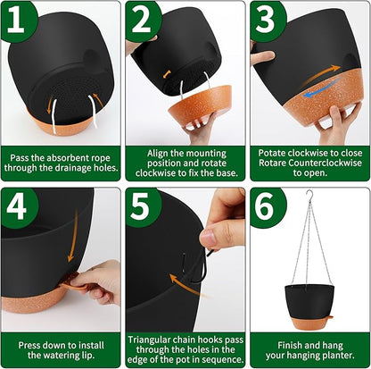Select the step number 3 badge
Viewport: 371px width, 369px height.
[267, 21]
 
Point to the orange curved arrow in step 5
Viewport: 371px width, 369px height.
[185, 287]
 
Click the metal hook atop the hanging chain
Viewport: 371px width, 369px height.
[310, 196]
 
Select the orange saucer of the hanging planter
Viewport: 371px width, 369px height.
[309, 323]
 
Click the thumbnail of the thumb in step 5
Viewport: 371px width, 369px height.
[208, 238]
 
